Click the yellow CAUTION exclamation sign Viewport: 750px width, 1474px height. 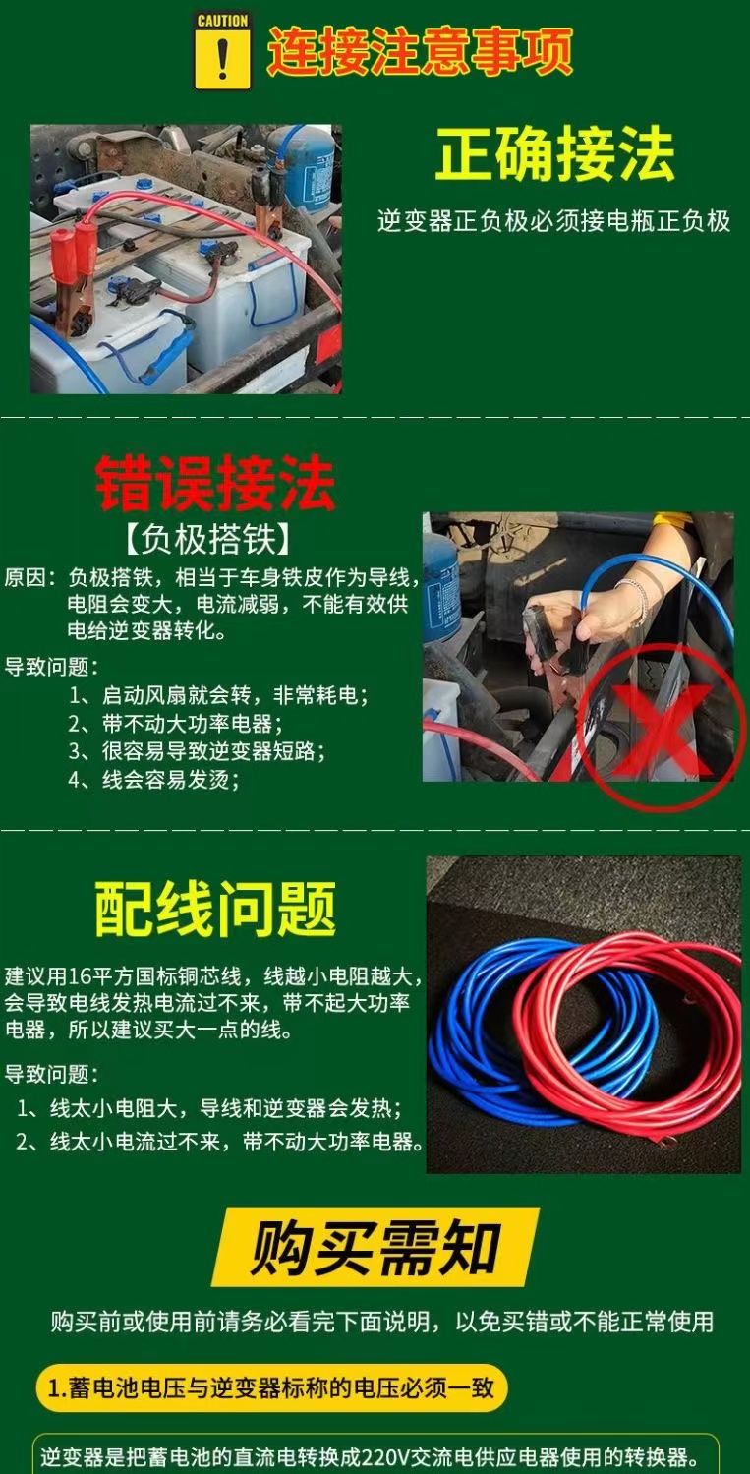click(x=222, y=51)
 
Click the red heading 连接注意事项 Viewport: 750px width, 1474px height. click(x=419, y=51)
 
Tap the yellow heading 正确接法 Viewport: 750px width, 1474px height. click(x=554, y=154)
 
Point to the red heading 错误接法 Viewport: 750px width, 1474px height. click(x=215, y=483)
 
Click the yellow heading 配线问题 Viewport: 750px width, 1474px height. click(x=215, y=909)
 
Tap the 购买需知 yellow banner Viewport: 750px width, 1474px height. click(x=375, y=1246)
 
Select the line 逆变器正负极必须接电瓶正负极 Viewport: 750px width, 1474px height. click(x=554, y=222)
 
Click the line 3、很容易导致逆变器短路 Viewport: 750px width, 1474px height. click(x=198, y=751)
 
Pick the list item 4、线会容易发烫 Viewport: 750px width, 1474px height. click(x=154, y=780)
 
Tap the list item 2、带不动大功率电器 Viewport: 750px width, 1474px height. click(x=176, y=724)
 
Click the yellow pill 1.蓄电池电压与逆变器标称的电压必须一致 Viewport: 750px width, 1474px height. click(x=271, y=1387)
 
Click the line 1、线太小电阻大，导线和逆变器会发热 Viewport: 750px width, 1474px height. click(x=209, y=1109)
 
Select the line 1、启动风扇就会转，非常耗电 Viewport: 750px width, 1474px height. click(x=219, y=695)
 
